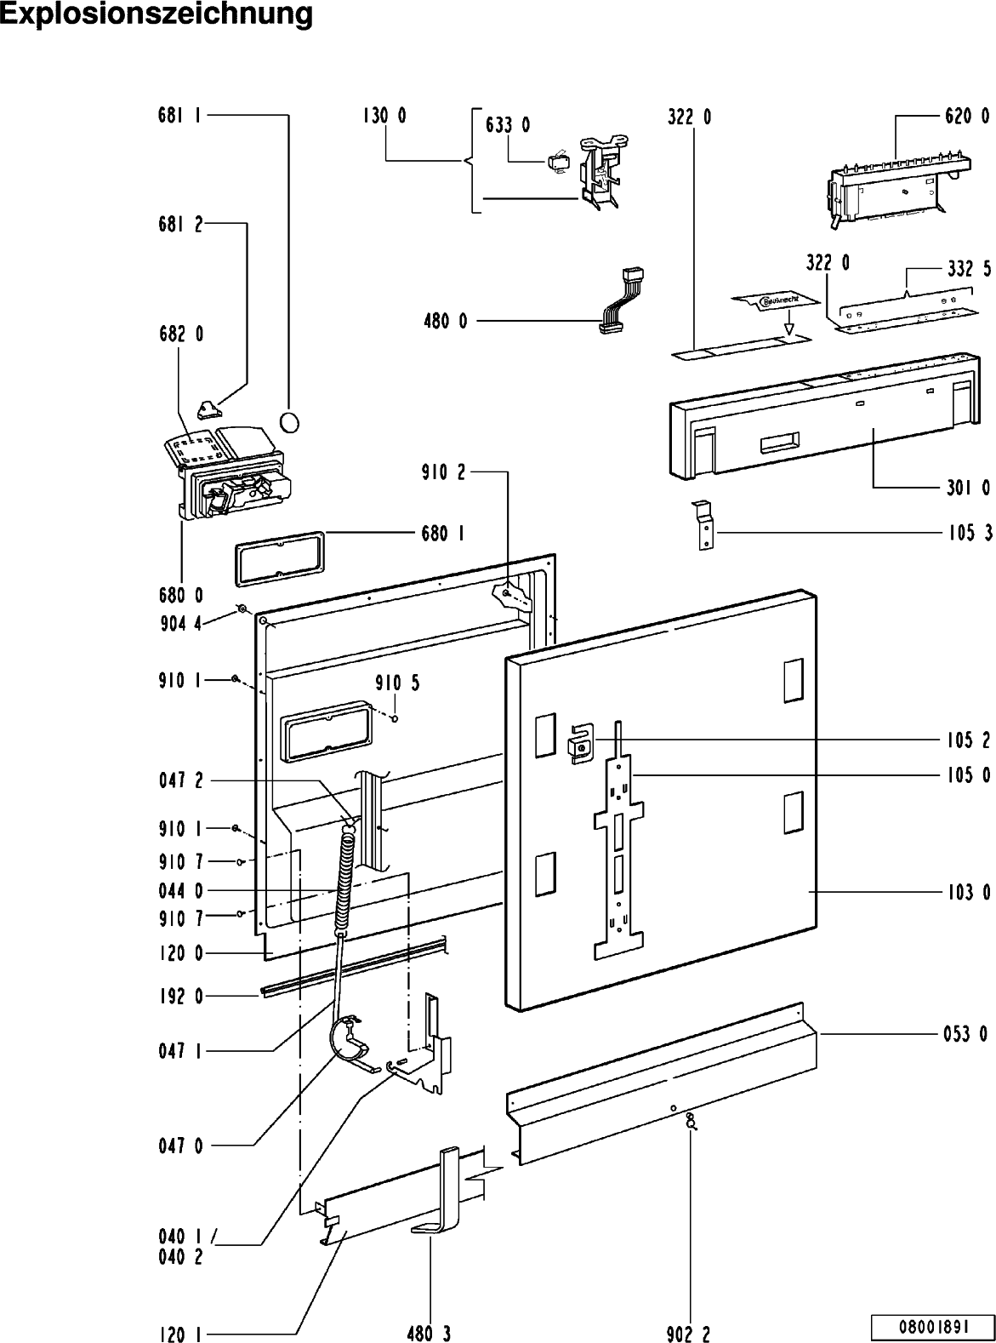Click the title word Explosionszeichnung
(157, 14)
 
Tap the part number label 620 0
(967, 117)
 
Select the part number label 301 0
(967, 488)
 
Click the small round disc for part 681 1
(290, 421)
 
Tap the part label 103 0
(967, 893)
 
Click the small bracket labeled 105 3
(703, 526)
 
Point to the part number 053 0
(965, 1034)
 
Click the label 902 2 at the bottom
(690, 1334)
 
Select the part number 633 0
(508, 125)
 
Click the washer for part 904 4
(242, 608)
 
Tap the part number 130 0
(384, 117)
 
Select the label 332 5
(968, 269)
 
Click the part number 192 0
(180, 996)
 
